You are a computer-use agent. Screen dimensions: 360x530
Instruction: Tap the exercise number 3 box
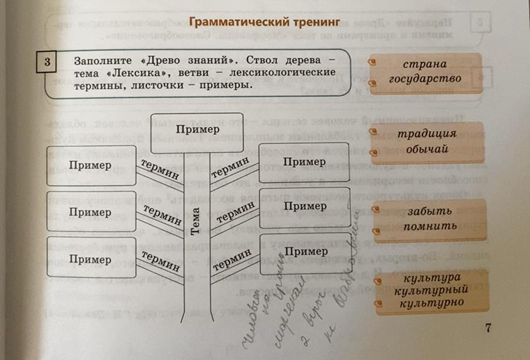[47, 61]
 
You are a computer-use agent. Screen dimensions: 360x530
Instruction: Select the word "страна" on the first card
[424, 65]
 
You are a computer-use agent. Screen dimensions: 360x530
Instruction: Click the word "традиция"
[425, 135]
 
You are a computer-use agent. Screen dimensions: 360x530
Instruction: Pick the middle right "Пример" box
[305, 206]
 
